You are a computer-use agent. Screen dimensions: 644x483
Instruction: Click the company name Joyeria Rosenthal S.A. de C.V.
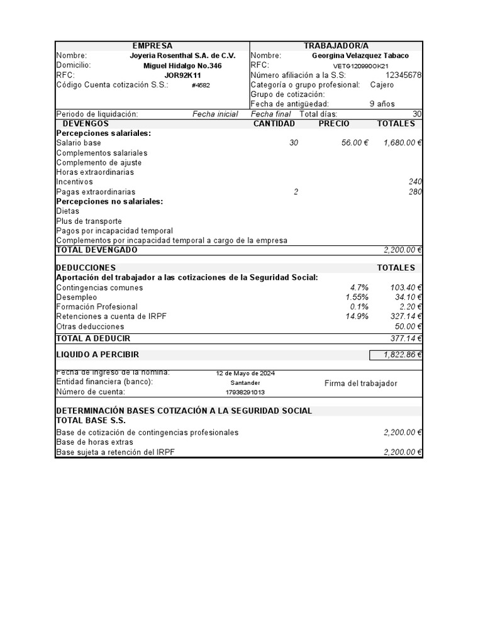(x=182, y=55)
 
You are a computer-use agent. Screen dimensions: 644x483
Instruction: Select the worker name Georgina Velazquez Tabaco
(x=360, y=55)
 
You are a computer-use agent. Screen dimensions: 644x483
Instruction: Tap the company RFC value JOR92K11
(x=182, y=75)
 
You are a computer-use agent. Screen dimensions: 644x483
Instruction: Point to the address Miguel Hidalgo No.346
(x=182, y=65)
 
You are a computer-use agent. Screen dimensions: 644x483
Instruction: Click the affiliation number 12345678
(x=403, y=75)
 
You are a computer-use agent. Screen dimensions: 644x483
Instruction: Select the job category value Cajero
(x=382, y=85)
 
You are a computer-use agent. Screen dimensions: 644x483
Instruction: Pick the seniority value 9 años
(x=382, y=104)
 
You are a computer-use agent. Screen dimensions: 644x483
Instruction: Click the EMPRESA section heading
(x=152, y=46)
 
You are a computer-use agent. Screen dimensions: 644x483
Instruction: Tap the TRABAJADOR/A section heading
(x=336, y=46)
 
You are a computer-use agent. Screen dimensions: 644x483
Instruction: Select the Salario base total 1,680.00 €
(x=402, y=143)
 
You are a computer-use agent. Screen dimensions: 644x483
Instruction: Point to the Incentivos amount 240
(x=415, y=182)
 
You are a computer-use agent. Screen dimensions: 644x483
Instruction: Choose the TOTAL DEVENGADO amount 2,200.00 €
(x=402, y=250)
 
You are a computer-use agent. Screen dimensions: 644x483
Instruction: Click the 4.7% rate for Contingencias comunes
(x=359, y=288)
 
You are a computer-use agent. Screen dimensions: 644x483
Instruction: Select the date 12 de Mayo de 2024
(x=245, y=373)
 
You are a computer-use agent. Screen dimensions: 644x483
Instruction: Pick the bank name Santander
(x=245, y=383)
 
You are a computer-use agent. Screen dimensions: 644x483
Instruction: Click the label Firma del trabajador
(x=360, y=384)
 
